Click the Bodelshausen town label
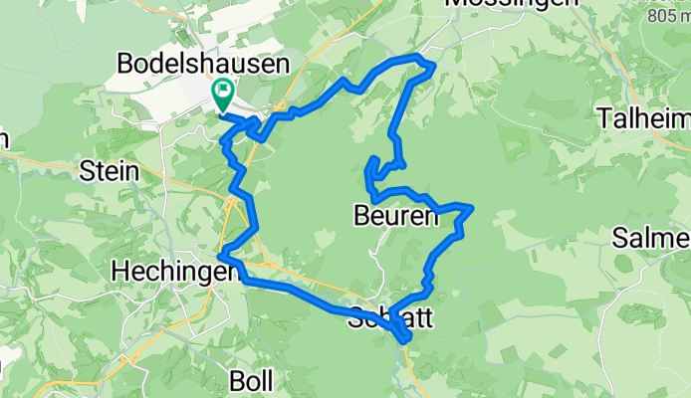click(x=203, y=64)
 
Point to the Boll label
click(x=252, y=380)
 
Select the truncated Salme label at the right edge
click(x=651, y=239)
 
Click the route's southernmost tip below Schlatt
click(x=406, y=341)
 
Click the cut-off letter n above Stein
click(x=3, y=139)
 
